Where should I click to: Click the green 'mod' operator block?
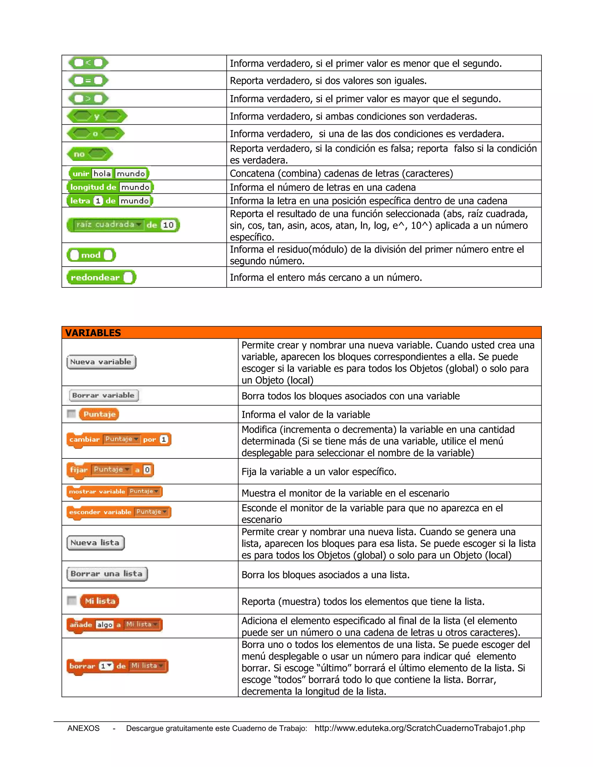click(91, 255)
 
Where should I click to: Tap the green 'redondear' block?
click(101, 278)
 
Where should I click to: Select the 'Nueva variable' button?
click(101, 362)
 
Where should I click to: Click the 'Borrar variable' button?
click(104, 395)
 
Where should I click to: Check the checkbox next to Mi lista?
click(72, 601)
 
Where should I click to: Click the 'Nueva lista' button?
click(95, 543)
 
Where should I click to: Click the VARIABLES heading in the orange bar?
click(93, 333)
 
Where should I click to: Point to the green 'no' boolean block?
click(89, 154)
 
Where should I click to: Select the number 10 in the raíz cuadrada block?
click(168, 225)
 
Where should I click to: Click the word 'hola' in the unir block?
click(102, 173)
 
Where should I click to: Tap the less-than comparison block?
click(89, 63)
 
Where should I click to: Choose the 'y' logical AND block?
click(97, 116)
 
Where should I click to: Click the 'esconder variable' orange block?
click(118, 512)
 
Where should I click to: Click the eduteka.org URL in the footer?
click(420, 728)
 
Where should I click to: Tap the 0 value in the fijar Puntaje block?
click(147, 469)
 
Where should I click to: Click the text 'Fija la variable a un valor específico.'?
click(319, 472)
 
